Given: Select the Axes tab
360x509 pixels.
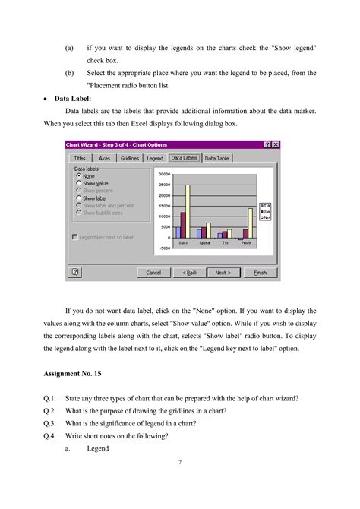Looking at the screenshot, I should [x=106, y=158].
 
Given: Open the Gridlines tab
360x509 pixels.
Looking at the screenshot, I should [x=130, y=158].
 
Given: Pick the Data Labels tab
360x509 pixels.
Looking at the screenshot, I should [x=184, y=158].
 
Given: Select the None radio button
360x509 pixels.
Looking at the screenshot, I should [x=79, y=175].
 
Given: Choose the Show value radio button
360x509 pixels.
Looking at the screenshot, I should [x=79, y=183].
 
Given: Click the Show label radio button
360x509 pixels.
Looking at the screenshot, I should [x=79, y=198].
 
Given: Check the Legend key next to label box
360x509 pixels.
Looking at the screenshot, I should [x=74, y=237].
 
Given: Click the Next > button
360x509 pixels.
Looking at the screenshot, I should [x=223, y=272].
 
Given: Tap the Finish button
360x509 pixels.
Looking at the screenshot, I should [x=260, y=272].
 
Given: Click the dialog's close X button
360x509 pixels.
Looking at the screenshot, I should [x=275, y=144].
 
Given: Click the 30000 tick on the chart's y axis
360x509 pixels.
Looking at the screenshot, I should [x=163, y=174].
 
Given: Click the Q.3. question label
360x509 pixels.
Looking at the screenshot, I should [x=52, y=423].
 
